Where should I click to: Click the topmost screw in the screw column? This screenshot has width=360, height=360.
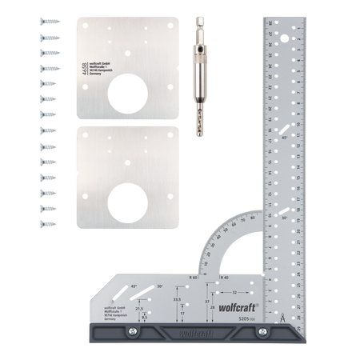point(46,22)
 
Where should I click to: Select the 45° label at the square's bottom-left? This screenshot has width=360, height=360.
point(134,286)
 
